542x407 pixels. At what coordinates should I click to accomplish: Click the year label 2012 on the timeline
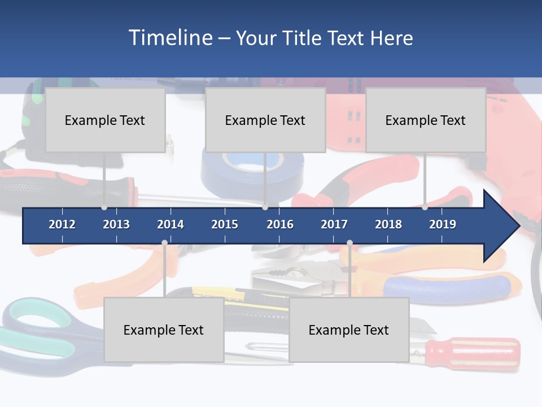(62, 224)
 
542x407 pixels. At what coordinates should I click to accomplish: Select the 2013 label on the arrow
(116, 224)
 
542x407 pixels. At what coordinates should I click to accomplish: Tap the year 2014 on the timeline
(171, 224)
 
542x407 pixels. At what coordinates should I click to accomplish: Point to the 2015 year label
(225, 224)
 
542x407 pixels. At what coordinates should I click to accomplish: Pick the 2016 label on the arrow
(280, 224)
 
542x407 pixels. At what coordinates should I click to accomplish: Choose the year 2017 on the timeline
(334, 224)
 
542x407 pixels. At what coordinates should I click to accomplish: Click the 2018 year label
(388, 224)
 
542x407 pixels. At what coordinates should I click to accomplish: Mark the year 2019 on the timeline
(443, 224)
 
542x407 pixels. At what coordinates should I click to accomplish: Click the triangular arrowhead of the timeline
(500, 226)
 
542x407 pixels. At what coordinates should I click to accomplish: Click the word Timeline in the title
(170, 38)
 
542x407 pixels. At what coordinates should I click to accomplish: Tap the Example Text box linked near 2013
(105, 120)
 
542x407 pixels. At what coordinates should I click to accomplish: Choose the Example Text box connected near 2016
(265, 120)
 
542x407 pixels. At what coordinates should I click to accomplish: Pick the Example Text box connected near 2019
(426, 120)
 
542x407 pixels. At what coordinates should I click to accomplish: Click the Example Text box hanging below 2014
(164, 330)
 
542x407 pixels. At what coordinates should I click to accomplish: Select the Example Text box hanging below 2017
(349, 330)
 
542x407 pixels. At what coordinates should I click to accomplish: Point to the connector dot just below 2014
(164, 243)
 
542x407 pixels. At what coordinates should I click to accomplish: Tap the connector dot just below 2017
(349, 243)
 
